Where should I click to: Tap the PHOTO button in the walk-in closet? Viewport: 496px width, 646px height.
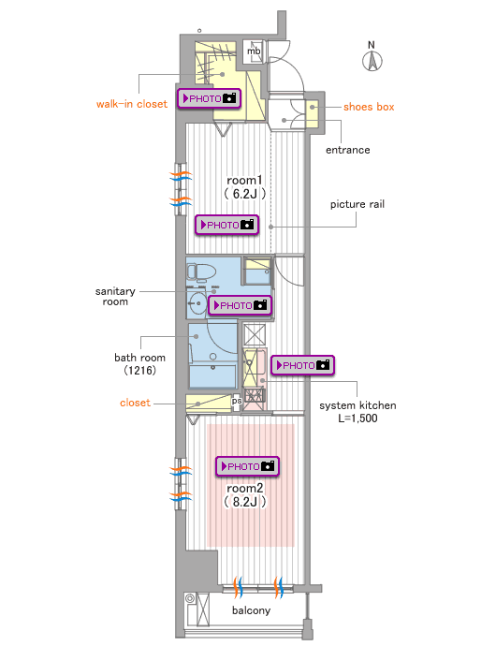tap(210, 98)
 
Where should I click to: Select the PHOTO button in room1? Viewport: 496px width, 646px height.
tap(227, 225)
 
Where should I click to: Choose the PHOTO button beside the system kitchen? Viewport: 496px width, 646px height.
tap(303, 365)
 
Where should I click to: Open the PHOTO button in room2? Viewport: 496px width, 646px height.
tap(248, 466)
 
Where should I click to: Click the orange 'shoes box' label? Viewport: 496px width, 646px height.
tap(369, 107)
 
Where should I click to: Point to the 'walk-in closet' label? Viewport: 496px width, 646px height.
tap(132, 104)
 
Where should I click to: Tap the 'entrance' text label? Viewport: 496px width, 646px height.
tap(348, 150)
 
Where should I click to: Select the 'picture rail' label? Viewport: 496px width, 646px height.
tap(357, 204)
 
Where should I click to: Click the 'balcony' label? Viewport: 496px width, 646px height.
tap(252, 610)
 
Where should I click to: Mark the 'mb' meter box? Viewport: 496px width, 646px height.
tap(253, 51)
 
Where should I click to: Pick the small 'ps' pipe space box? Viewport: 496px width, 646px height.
tap(237, 402)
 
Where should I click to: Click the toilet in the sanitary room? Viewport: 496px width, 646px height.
tap(201, 272)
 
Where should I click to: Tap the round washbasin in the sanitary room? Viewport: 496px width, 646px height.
tap(197, 303)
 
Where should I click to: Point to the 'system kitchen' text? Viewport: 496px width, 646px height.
tap(357, 405)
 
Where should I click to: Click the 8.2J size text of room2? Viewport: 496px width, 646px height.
tap(244, 502)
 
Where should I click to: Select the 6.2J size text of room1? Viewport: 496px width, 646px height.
tap(244, 194)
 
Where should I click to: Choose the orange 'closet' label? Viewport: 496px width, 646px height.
tap(135, 403)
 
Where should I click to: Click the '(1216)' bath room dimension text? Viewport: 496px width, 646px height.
tap(140, 370)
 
